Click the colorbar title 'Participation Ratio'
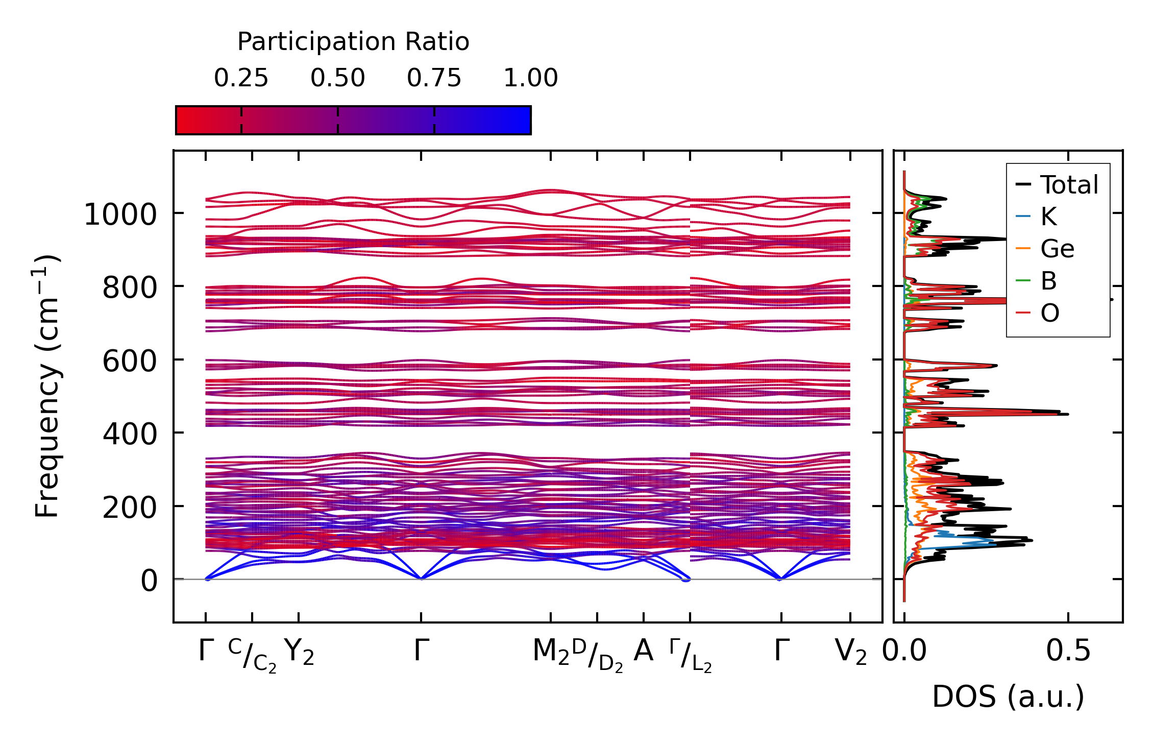pyautogui.click(x=353, y=42)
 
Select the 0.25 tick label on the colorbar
pyautogui.click(x=241, y=78)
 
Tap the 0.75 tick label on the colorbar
pyautogui.click(x=434, y=78)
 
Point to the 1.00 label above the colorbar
pyautogui.click(x=530, y=78)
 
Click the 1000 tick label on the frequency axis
pyautogui.click(x=120, y=214)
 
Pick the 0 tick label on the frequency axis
pyautogui.click(x=149, y=581)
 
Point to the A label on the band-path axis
pyautogui.click(x=643, y=652)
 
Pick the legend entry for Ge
pyautogui.click(x=1057, y=249)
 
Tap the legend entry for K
pyautogui.click(x=1048, y=217)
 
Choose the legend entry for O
pyautogui.click(x=1049, y=313)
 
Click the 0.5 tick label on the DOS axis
pyautogui.click(x=1068, y=652)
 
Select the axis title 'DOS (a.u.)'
pyautogui.click(x=1008, y=697)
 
